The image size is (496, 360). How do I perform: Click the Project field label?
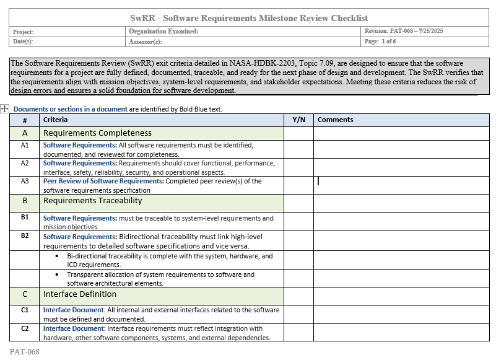(23, 32)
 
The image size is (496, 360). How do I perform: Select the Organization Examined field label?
(163, 31)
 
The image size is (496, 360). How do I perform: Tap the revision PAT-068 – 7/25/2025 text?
(404, 31)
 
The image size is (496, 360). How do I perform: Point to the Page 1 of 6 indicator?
(380, 42)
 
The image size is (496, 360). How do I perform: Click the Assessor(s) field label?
(146, 42)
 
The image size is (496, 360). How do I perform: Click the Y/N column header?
(298, 120)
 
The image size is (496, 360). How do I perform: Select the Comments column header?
(335, 120)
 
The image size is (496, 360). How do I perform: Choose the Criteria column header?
(56, 120)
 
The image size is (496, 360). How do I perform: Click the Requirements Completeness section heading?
(97, 133)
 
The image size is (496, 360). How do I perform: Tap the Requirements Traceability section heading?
(93, 201)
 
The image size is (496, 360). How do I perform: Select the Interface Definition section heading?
(80, 294)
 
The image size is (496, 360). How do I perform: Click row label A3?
(25, 182)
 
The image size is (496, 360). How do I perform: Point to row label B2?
(25, 236)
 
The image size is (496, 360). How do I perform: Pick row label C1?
(25, 310)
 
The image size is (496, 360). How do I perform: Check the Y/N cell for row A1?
(298, 149)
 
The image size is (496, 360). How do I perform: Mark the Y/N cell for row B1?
(298, 222)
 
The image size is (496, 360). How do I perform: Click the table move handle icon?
(5, 109)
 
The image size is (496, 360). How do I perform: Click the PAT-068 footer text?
(24, 351)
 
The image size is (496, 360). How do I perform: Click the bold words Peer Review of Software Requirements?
(103, 182)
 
